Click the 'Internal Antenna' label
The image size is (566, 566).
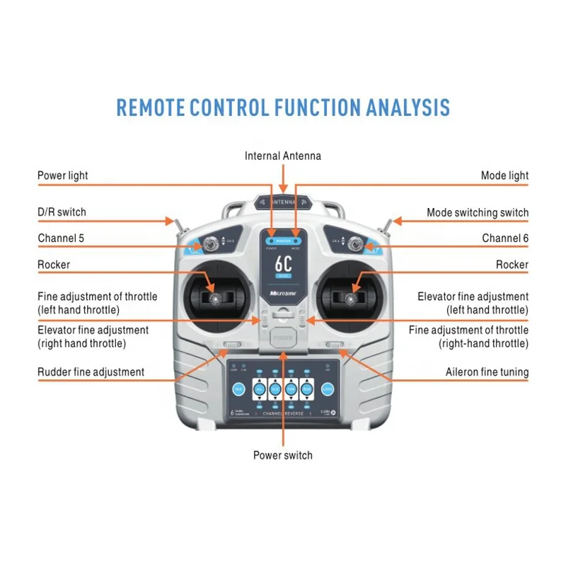pyautogui.click(x=283, y=156)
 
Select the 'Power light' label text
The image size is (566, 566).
pyautogui.click(x=63, y=175)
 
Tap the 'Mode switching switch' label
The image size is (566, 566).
pyautogui.click(x=477, y=212)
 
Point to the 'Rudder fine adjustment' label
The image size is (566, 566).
pyautogui.click(x=91, y=371)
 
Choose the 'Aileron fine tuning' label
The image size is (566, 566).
pyautogui.click(x=487, y=371)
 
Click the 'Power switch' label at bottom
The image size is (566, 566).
pyautogui.click(x=283, y=455)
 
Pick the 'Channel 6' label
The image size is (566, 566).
pyautogui.click(x=505, y=238)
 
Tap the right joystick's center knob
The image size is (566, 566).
pyautogui.click(x=351, y=299)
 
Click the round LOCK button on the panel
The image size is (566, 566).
pyautogui.click(x=327, y=388)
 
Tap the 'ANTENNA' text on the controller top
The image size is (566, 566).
pyautogui.click(x=283, y=201)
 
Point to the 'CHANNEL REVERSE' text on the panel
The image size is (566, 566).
pyautogui.click(x=283, y=413)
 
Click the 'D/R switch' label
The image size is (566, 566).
pyautogui.click(x=62, y=212)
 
